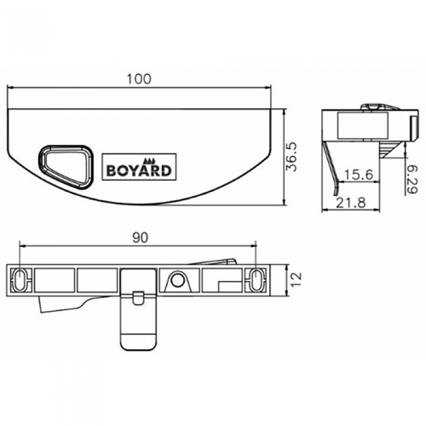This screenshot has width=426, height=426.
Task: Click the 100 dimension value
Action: [139, 79]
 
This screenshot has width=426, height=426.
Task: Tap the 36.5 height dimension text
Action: [292, 157]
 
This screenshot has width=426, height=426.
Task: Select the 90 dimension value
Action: [140, 238]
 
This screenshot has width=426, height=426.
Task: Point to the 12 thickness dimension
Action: [296, 279]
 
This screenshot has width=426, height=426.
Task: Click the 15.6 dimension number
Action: [358, 175]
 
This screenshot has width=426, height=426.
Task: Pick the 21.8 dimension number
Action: [351, 203]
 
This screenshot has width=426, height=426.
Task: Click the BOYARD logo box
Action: [139, 167]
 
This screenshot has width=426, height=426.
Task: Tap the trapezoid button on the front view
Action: [66, 167]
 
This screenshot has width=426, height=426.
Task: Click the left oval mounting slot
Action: [19, 280]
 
